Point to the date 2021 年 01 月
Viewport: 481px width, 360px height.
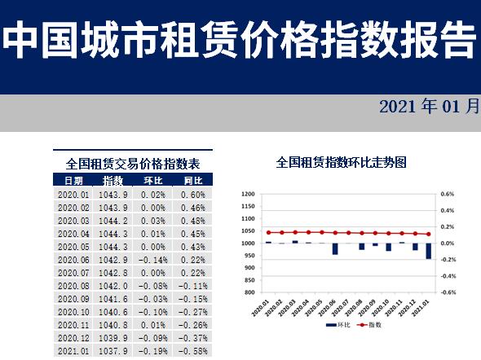(x=429, y=108)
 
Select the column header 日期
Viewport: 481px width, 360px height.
(x=73, y=180)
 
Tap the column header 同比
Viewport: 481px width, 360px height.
(x=193, y=180)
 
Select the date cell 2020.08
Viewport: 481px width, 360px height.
(x=73, y=286)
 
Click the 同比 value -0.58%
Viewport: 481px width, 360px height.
(x=192, y=351)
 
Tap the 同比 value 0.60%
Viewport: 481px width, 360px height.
(x=194, y=195)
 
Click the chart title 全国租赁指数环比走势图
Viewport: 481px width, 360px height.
(x=342, y=163)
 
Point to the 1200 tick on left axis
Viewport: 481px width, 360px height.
(x=249, y=195)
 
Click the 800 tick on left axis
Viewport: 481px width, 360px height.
(x=250, y=292)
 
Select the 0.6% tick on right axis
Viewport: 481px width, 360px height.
(x=447, y=195)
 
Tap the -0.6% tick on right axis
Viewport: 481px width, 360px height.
(x=447, y=292)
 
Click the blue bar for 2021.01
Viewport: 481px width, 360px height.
(x=428, y=251)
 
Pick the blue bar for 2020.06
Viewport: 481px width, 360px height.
(x=334, y=248)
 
